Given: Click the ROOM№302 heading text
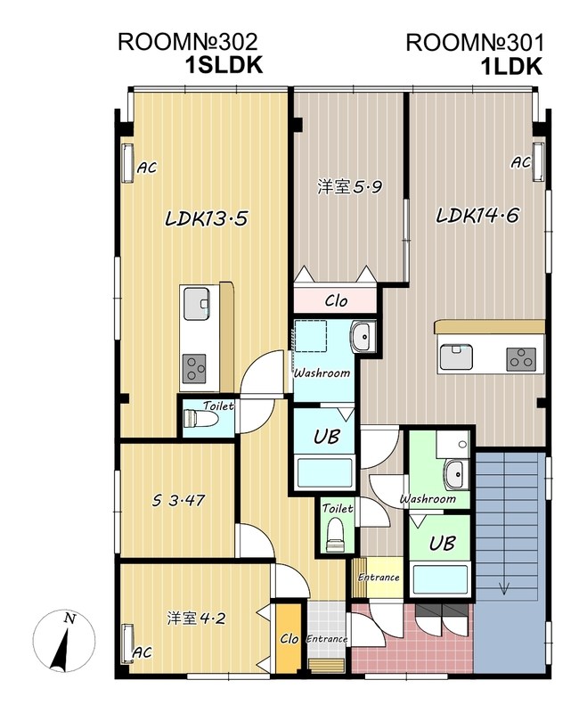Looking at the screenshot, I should coord(188,42).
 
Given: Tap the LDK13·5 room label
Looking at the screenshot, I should coord(205,218).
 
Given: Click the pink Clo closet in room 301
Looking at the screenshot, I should coord(336,299).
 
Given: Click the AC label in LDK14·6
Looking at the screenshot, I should coord(521,163).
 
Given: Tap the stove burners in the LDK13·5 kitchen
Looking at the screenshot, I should coord(194,367).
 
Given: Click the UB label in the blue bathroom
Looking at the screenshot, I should coord(324,437).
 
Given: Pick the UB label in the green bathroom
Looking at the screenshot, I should coord(438,543).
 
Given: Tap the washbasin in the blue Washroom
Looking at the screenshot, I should coord(362,337).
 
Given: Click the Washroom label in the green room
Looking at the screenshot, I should coord(428,499).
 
